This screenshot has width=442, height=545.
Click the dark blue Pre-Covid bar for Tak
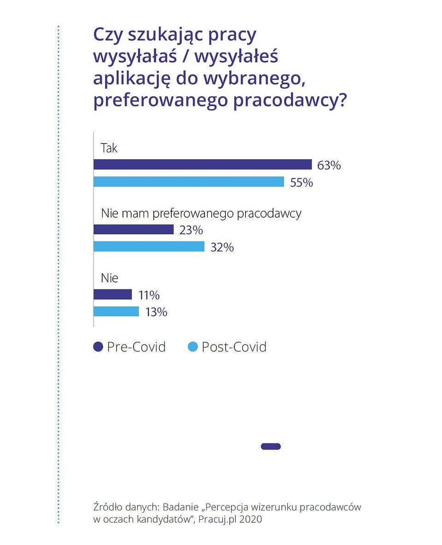[x=203, y=164]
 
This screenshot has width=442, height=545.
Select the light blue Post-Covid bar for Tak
[x=189, y=182]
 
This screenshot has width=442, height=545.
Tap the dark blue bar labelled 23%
[x=134, y=229]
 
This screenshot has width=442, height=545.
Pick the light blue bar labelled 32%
[x=149, y=247]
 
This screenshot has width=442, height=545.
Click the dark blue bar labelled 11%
[x=113, y=295]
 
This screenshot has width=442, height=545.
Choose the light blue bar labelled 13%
[x=116, y=312]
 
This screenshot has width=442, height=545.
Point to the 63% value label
[x=329, y=165]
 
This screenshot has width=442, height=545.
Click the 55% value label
[x=302, y=183]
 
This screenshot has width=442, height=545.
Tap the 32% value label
[x=222, y=247]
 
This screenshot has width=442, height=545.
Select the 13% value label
[x=156, y=312]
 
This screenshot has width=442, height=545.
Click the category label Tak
[x=109, y=148]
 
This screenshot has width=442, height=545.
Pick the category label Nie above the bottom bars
[x=109, y=278]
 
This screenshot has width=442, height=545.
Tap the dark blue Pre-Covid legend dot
[x=98, y=347]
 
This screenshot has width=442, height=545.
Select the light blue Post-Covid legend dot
[x=193, y=347]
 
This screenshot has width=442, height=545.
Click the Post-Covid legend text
[x=234, y=347]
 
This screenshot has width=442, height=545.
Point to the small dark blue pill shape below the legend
[x=271, y=446]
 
